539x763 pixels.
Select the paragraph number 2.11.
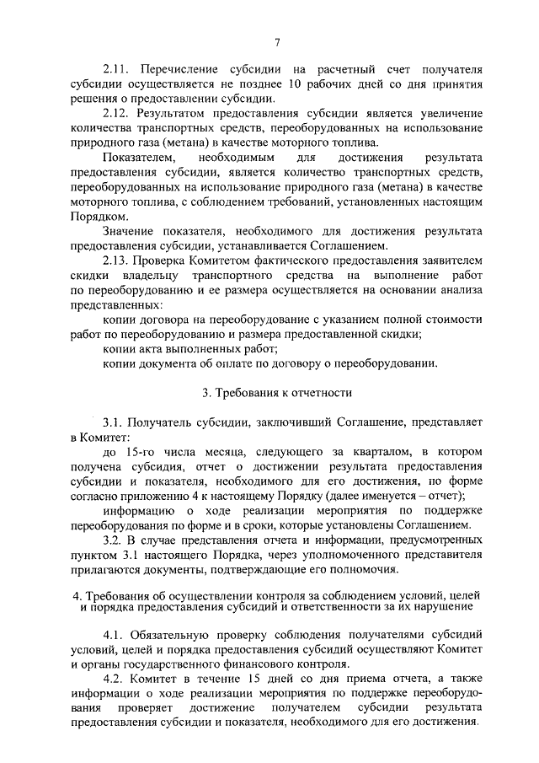coord(116,68)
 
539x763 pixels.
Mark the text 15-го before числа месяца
coord(146,453)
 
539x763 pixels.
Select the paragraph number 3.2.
coord(113,540)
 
